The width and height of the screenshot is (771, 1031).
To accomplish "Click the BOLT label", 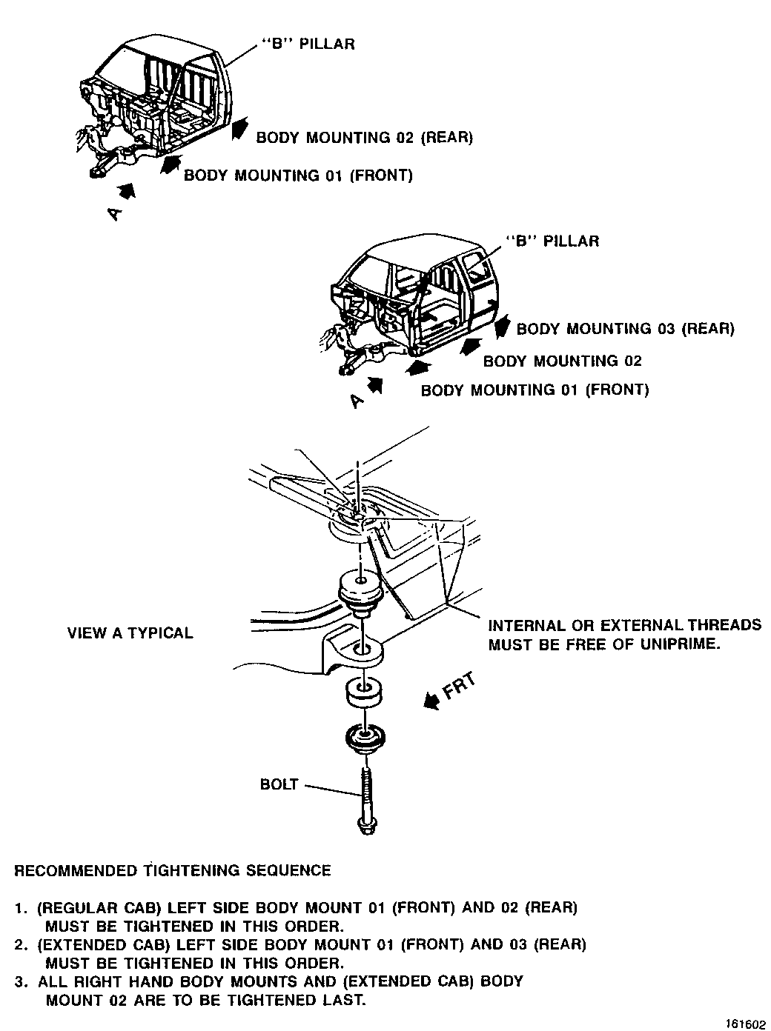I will pyautogui.click(x=279, y=784).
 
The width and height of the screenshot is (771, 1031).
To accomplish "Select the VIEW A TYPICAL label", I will pyautogui.click(x=130, y=633).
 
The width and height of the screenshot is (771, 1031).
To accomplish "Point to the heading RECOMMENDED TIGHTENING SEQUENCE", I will pyautogui.click(x=173, y=870).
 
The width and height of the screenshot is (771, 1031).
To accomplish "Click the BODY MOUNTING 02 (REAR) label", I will pyautogui.click(x=364, y=138).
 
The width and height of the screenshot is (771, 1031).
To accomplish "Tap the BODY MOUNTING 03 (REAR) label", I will pyautogui.click(x=625, y=329).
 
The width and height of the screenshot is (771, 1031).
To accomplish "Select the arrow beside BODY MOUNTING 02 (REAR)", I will pyautogui.click(x=239, y=130).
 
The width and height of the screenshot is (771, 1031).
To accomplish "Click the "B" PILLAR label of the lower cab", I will pyautogui.click(x=552, y=241).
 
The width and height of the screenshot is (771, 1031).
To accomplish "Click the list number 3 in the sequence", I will pyautogui.click(x=20, y=982).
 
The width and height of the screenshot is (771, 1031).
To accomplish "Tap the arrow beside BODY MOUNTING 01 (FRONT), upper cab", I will pyautogui.click(x=171, y=164).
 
